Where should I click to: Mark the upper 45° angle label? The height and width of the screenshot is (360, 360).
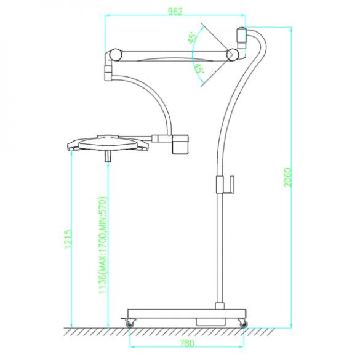[x=193, y=38]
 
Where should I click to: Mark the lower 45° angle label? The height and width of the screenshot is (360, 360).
[x=199, y=69]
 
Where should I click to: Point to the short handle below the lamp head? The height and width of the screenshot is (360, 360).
[x=108, y=155]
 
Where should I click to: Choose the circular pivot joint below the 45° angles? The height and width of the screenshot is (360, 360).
[x=233, y=55]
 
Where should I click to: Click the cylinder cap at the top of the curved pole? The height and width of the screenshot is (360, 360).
[x=241, y=35]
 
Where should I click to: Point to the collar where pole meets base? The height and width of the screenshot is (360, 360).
[x=219, y=303]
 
